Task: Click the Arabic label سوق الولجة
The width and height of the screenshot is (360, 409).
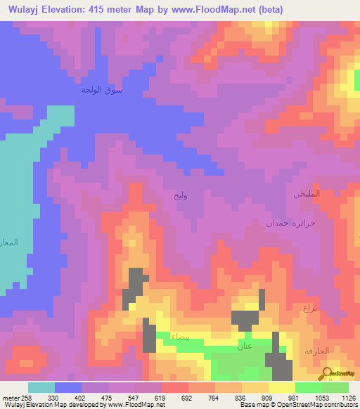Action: coord(101,89)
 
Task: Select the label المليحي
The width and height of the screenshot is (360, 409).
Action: coord(306,193)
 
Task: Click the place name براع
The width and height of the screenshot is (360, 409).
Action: coord(311,309)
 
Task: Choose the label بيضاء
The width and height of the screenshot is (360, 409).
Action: coord(179,337)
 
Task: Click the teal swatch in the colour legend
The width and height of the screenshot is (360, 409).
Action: coord(41,387)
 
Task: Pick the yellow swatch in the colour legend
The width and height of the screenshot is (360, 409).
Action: coord(281,387)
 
